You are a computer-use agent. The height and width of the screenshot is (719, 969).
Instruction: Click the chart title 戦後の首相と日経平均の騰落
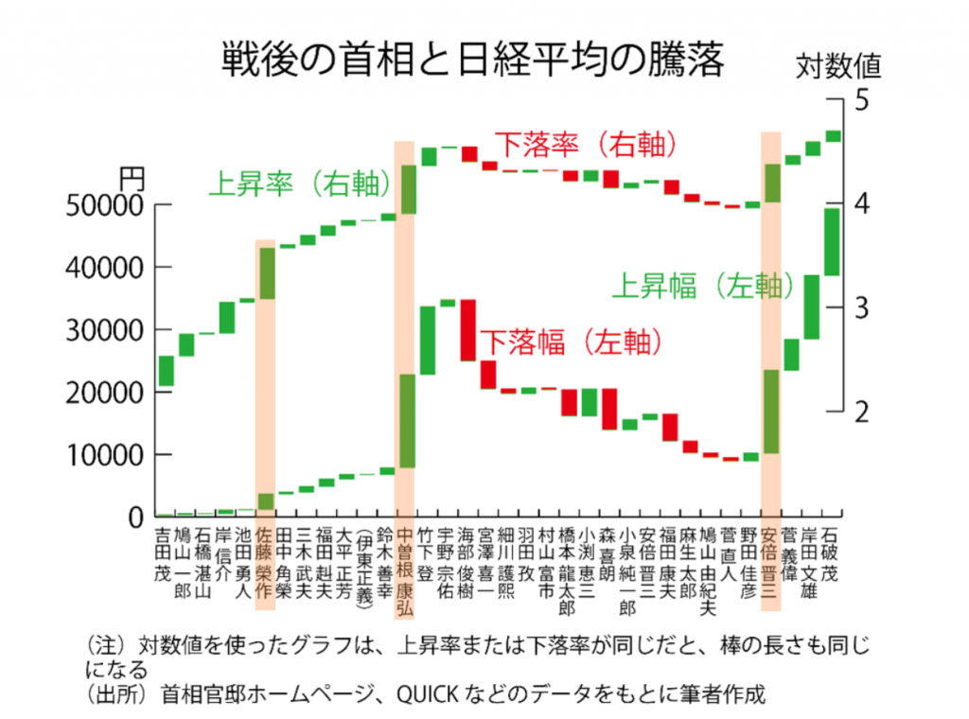[472, 59]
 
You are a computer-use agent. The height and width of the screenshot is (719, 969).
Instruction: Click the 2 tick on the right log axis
[860, 412]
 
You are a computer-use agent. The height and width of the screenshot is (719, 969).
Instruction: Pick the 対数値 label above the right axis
[837, 66]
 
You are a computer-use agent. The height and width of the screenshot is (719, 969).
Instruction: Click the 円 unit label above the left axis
[131, 177]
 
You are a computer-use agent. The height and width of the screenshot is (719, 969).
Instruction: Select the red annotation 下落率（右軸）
[587, 145]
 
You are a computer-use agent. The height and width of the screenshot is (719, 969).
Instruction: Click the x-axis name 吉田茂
[165, 553]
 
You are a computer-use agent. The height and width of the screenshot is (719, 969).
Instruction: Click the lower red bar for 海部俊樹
[467, 329]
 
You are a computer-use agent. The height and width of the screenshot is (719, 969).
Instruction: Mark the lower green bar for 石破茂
[832, 241]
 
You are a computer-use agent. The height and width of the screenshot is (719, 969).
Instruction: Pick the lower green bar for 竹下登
[428, 340]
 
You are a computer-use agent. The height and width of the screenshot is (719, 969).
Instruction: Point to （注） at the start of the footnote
[105, 647]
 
